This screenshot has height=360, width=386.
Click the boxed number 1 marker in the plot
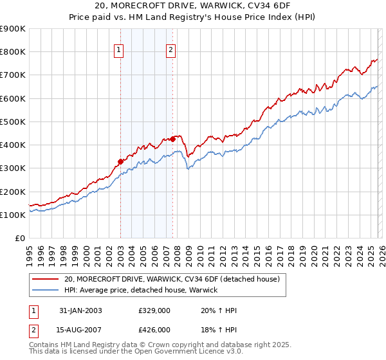pyautogui.click(x=120, y=51)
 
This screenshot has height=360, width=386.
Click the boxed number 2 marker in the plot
pyautogui.click(x=171, y=51)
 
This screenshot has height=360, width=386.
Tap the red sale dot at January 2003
pyautogui.click(x=120, y=161)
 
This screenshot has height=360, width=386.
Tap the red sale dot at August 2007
pyautogui.click(x=172, y=139)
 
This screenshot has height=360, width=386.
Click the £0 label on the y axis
pyautogui.click(x=20, y=238)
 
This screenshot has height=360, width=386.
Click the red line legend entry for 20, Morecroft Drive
pyautogui.click(x=172, y=280)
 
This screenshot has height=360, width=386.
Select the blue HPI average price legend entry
pyautogui.click(x=141, y=291)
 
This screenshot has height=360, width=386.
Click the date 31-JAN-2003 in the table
pyautogui.click(x=80, y=310)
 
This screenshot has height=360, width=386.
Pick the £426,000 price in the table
pyautogui.click(x=154, y=329)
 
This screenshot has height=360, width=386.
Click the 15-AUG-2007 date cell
pyautogui.click(x=80, y=329)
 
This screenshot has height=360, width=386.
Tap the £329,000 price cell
pyautogui.click(x=154, y=310)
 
